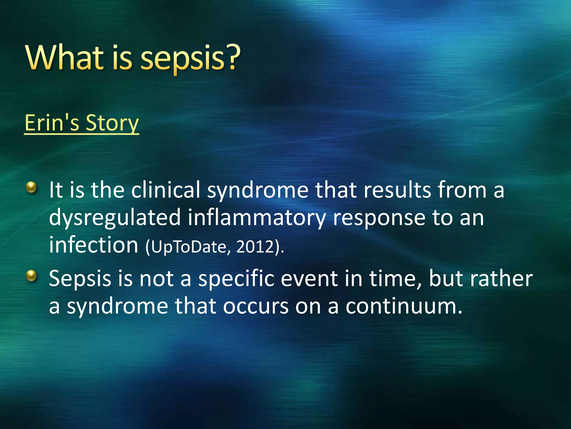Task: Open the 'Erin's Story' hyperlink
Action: coord(81,123)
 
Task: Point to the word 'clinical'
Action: coord(166,190)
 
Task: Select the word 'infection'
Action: coord(94,245)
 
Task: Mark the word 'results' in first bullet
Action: coord(397,190)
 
